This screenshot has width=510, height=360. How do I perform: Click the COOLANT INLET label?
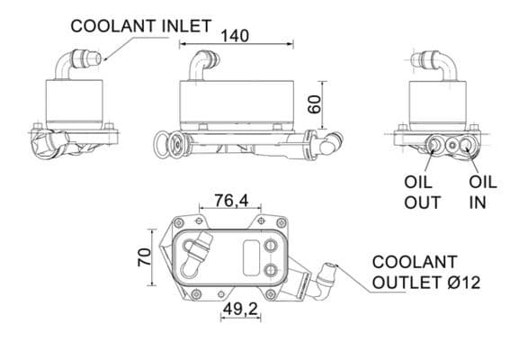coord(140,26)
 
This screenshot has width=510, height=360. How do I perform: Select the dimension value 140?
coord(236,36)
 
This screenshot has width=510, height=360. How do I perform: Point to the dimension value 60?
coord(314,103)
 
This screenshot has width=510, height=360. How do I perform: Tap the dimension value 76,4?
coord(231,201)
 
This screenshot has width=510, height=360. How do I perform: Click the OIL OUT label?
coord(421,192)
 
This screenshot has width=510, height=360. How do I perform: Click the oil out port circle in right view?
coord(441,145)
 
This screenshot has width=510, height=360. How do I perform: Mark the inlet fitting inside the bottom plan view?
coord(193,253)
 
